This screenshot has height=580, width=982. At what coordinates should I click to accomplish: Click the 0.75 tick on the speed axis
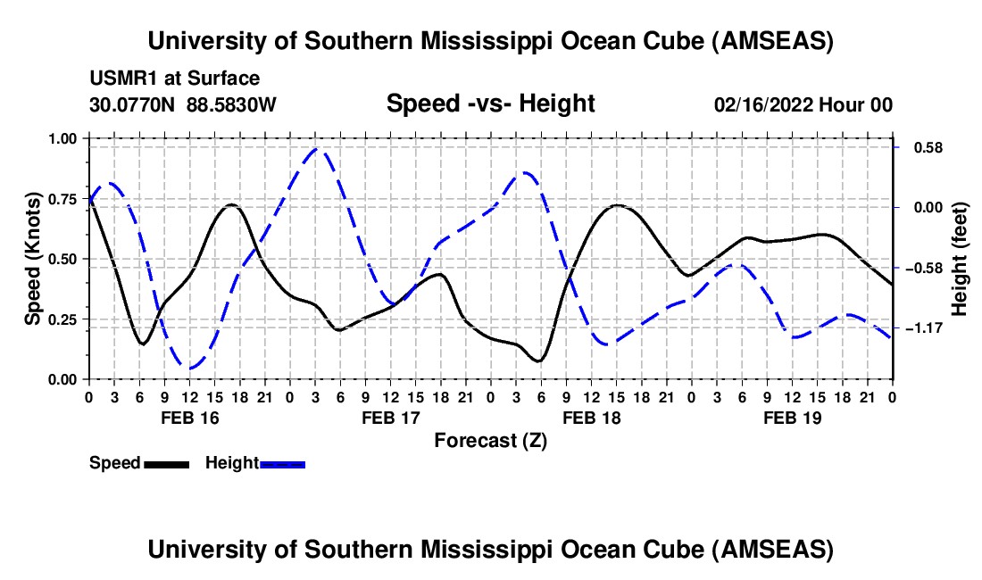pyautogui.click(x=63, y=199)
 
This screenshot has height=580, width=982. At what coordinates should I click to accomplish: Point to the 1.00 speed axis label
pyautogui.click(x=63, y=138)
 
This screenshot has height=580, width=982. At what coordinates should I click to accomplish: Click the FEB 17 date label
pyautogui.click(x=389, y=418)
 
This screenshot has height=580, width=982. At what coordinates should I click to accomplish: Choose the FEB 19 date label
pyautogui.click(x=792, y=418)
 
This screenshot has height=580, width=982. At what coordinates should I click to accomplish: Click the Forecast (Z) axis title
pyautogui.click(x=490, y=440)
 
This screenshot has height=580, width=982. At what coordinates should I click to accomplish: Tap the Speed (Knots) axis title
pyautogui.click(x=33, y=259)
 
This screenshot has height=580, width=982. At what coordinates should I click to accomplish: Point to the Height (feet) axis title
pyautogui.click(x=959, y=259)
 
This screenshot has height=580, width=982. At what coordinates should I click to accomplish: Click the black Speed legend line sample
pyautogui.click(x=166, y=463)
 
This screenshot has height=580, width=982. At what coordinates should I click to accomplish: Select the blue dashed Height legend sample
pyautogui.click(x=282, y=463)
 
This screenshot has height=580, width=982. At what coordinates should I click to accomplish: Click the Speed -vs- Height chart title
pyautogui.click(x=490, y=104)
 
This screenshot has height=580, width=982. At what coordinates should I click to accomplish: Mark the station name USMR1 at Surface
pyautogui.click(x=174, y=79)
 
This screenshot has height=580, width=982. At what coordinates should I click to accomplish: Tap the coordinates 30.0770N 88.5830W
pyautogui.click(x=183, y=104)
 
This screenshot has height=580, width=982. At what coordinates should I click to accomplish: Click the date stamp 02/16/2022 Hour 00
pyautogui.click(x=803, y=104)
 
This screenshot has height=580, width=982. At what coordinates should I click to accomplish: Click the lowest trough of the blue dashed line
pyautogui.click(x=190, y=367)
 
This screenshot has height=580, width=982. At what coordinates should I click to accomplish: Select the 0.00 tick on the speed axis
pyautogui.click(x=63, y=380)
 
